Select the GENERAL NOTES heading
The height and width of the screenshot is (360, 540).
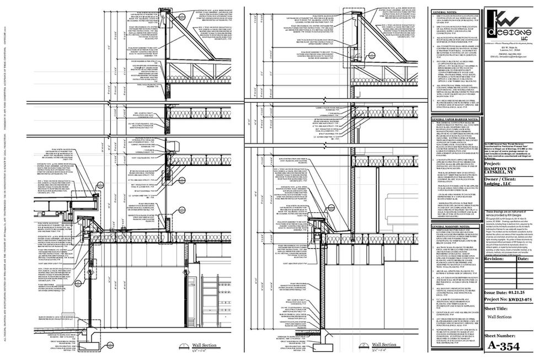pos(445,12)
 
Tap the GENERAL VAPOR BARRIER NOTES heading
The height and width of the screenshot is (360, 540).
pos(455,119)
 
